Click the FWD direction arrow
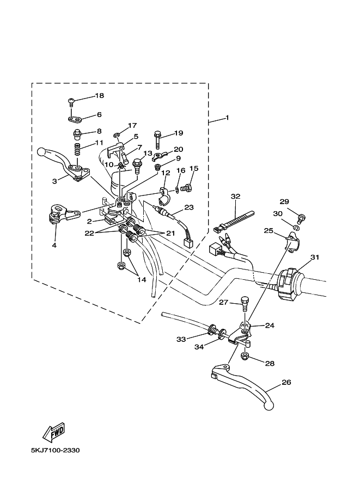54,432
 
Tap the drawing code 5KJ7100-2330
55,450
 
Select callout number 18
99,95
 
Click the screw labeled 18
71,101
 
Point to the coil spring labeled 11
76,149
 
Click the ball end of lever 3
41,152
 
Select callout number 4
54,245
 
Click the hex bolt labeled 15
186,188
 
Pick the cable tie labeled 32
234,220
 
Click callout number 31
315,257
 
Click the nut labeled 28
246,356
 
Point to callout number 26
286,382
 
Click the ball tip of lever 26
269,406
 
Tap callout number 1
227,118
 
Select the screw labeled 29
301,219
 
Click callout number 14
142,280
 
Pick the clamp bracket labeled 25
293,240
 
